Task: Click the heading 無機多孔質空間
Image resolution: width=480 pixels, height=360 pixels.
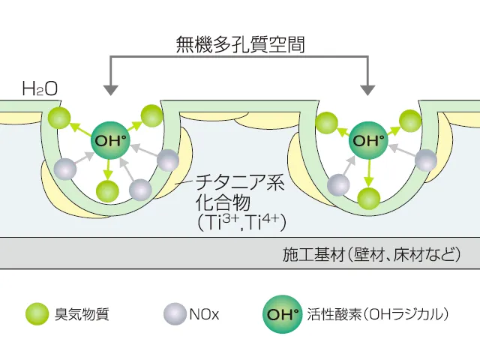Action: (x=239, y=44)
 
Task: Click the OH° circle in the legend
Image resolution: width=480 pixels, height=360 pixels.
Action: (x=282, y=314)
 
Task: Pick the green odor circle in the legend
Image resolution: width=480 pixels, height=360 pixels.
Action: (x=37, y=314)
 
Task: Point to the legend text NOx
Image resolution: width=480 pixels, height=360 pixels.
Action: (x=205, y=314)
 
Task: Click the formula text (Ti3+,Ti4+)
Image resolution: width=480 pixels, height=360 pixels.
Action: (x=241, y=221)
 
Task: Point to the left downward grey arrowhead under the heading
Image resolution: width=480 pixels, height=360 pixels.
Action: (x=110, y=89)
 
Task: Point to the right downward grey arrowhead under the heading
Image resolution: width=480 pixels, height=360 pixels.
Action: (x=368, y=89)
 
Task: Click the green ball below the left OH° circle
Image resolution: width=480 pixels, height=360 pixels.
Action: (x=108, y=190)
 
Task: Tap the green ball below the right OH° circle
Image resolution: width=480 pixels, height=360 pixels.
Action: (x=367, y=198)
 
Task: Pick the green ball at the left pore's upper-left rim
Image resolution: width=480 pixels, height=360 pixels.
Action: (x=56, y=117)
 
